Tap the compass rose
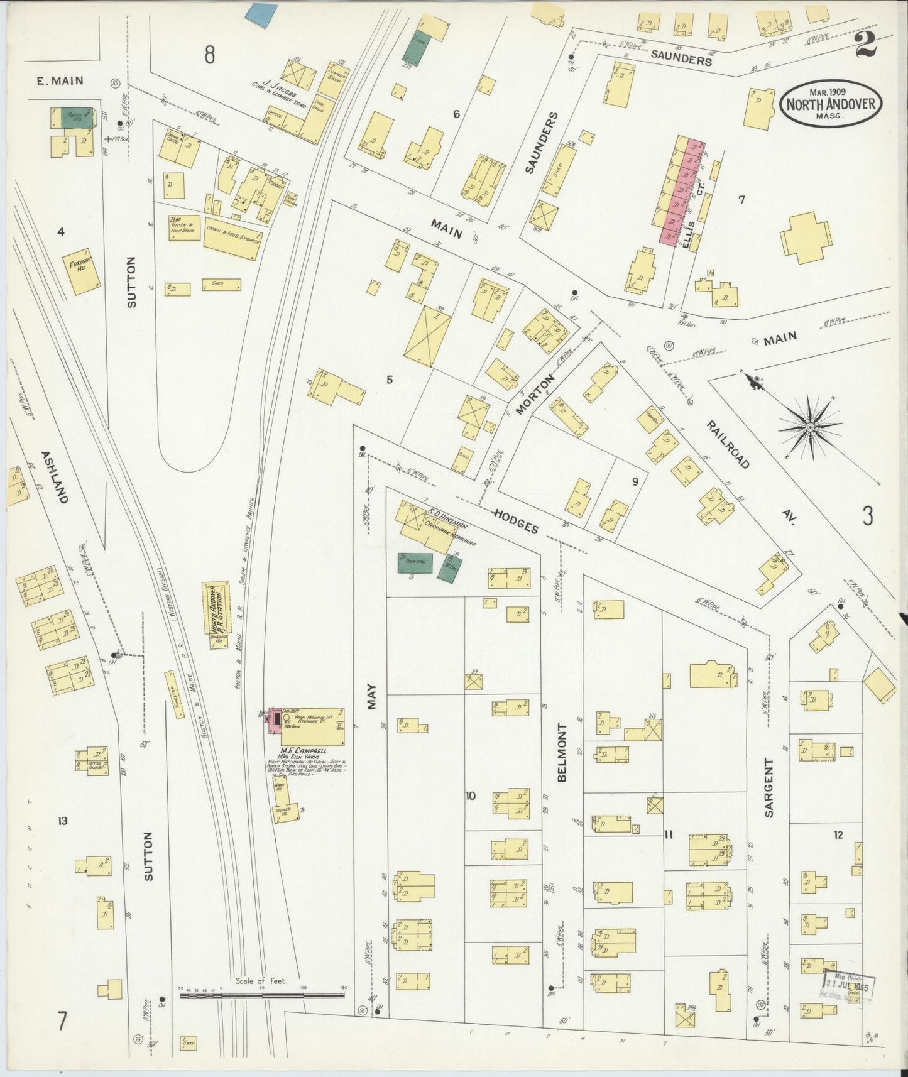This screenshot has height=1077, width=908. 810,427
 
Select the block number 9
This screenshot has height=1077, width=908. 635,481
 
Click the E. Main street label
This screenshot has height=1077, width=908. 59,80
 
